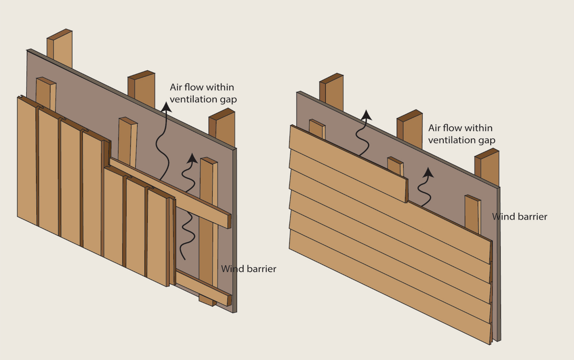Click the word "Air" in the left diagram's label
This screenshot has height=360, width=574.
[x=177, y=87]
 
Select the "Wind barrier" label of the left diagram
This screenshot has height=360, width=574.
[x=248, y=269]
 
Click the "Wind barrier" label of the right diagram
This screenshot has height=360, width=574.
[x=519, y=217]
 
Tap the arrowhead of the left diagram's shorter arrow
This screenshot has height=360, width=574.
[x=191, y=157]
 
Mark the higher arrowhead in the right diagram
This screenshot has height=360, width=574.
[x=366, y=114]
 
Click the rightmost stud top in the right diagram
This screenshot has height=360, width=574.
[x=486, y=154]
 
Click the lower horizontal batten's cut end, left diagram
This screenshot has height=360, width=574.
[x=229, y=300]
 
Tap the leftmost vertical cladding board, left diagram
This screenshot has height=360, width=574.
[x=27, y=158]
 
